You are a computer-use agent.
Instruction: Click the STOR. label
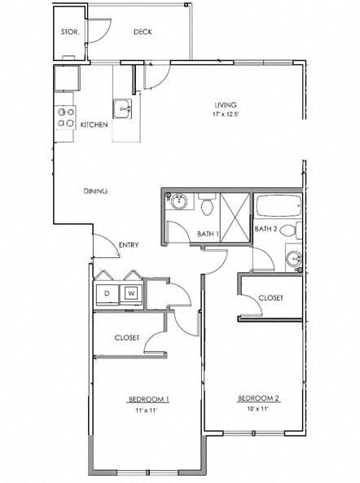[x=69, y=32]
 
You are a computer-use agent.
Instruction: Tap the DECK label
[x=143, y=32]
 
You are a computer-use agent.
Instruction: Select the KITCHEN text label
[x=94, y=125]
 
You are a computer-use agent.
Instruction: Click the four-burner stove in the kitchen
[x=66, y=117]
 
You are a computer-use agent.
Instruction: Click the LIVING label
[x=226, y=105]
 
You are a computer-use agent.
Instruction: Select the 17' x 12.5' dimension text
[x=226, y=114]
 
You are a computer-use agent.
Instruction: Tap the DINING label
[x=95, y=191]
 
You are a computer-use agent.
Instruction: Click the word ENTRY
[x=128, y=244]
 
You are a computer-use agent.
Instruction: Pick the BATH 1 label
[x=209, y=235]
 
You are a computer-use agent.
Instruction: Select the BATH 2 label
[x=266, y=229]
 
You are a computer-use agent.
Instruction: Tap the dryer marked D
[x=107, y=292]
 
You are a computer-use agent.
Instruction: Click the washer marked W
[x=131, y=292]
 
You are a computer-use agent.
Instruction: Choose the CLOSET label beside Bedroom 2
[x=270, y=298]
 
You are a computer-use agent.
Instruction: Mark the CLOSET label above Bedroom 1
[x=126, y=337]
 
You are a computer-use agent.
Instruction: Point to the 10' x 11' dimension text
[x=258, y=408]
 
